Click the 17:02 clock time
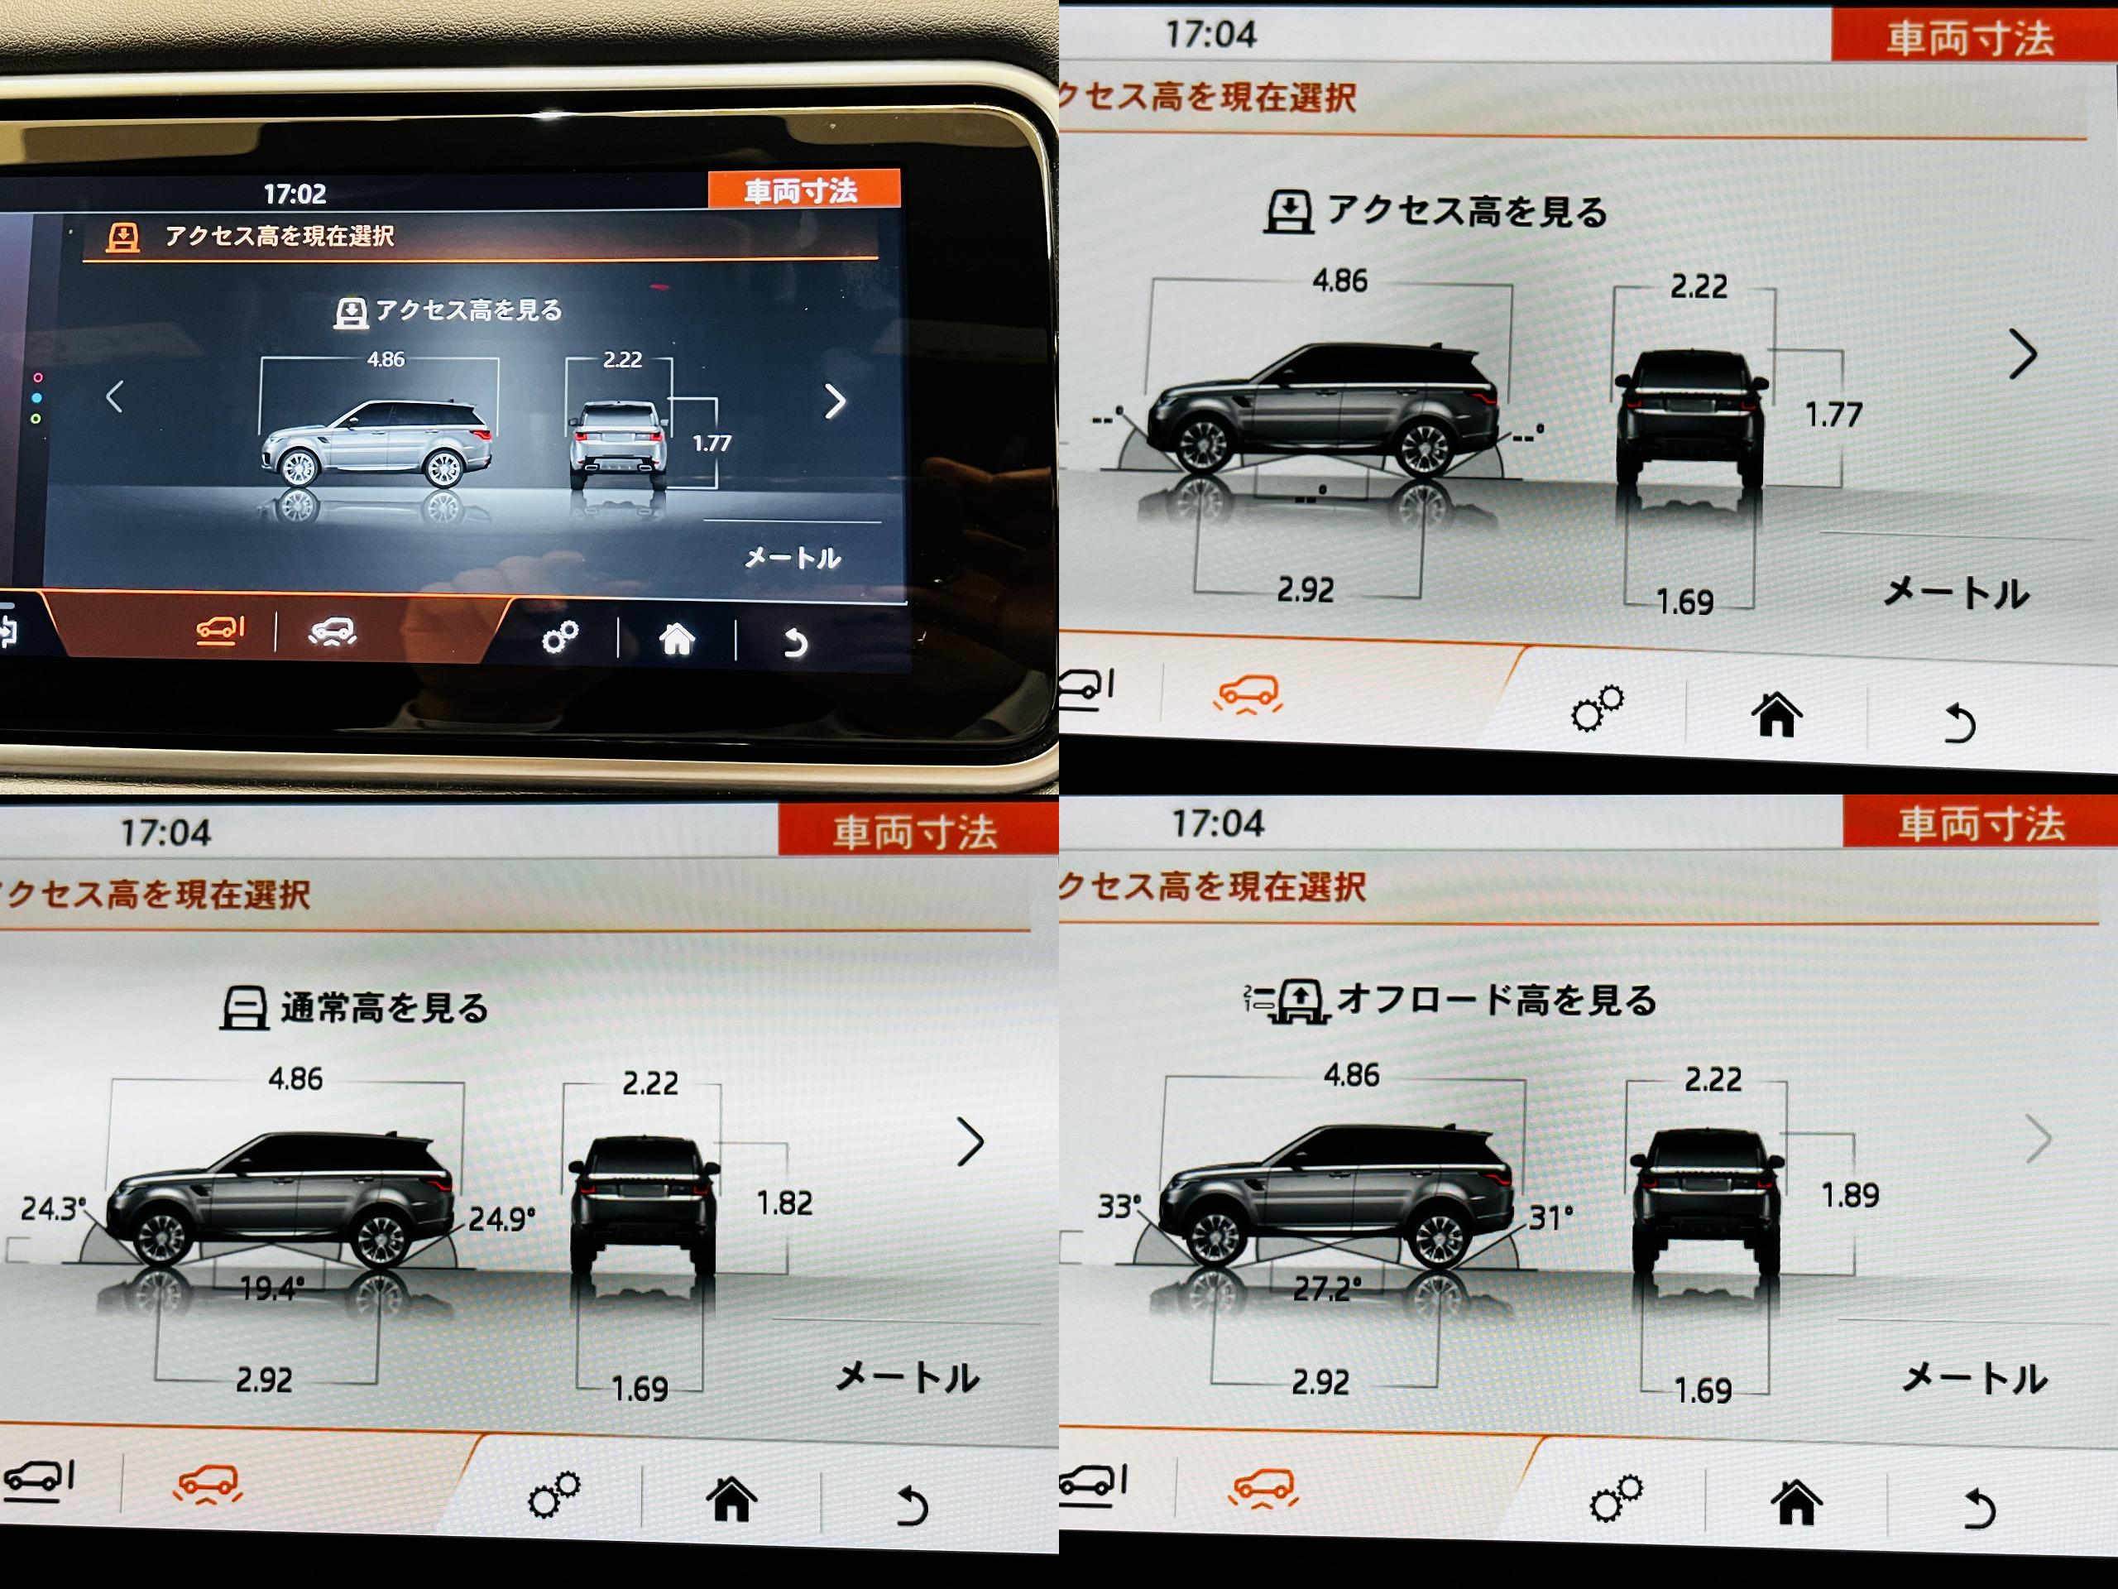295,194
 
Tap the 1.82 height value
784,1203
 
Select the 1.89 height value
1850,1195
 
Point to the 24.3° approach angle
53,1209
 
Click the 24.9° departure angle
501,1218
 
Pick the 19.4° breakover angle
272,1289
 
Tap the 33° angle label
1119,1206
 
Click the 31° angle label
1550,1217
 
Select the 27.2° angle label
1326,1289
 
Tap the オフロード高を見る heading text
1497,1000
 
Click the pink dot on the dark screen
37,377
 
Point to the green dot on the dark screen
36,419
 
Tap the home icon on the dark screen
677,638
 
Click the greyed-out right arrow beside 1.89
2039,1139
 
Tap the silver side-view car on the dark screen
376,444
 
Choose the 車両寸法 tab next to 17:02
803,190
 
